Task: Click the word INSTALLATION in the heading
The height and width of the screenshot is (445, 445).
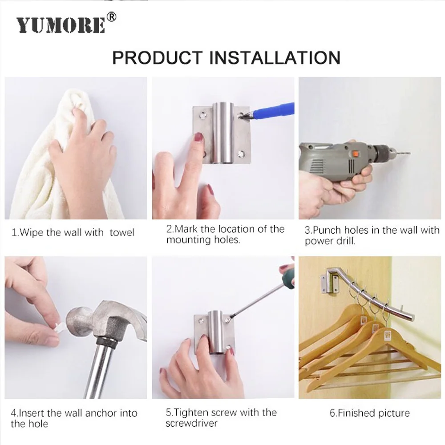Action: pyautogui.click(x=275, y=58)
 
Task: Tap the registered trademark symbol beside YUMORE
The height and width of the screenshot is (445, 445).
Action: pyautogui.click(x=112, y=17)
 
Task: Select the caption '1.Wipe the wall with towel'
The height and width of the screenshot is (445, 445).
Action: pyautogui.click(x=73, y=232)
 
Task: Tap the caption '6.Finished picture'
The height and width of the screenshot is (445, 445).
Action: pyautogui.click(x=369, y=413)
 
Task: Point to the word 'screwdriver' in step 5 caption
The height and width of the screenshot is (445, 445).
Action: pyautogui.click(x=191, y=423)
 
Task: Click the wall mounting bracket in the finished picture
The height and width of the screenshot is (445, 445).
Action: pyautogui.click(x=330, y=279)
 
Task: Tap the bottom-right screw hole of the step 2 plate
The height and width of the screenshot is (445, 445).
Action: pyautogui.click(x=242, y=154)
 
